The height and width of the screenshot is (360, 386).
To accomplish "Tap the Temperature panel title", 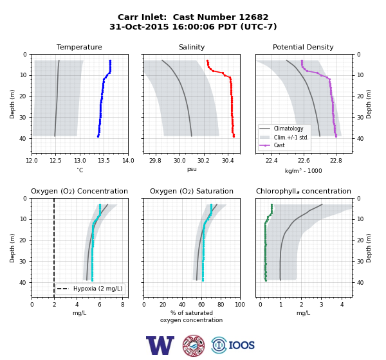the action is (79, 47).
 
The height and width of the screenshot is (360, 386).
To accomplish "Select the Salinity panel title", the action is (192, 47).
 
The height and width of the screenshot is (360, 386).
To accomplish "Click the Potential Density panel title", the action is (303, 47).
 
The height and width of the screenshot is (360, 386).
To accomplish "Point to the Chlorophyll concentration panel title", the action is (304, 191).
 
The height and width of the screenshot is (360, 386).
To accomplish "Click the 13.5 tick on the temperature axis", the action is (104, 161).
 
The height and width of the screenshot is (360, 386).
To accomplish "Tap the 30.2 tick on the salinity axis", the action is (203, 161).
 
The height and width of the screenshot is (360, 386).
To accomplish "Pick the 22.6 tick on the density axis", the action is (304, 161).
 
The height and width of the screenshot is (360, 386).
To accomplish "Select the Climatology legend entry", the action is (288, 129).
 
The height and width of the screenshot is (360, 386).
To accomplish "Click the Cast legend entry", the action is (279, 145).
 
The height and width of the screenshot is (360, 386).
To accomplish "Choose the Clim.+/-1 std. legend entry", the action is (291, 137).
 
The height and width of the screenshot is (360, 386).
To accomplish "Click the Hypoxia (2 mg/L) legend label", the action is (98, 289).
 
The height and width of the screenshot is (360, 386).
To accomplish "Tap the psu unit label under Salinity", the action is (192, 169).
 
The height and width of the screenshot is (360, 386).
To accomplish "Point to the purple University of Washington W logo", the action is (160, 345).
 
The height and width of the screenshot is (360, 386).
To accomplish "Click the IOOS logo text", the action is (241, 345).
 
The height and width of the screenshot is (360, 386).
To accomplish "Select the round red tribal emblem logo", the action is (194, 345).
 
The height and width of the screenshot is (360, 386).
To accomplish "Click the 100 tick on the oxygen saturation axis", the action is (240, 305).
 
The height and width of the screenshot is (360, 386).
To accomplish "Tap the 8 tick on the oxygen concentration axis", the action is (123, 305).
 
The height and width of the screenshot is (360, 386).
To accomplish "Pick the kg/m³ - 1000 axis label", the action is (303, 170).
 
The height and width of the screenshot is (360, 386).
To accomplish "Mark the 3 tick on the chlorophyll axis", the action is (322, 305).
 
